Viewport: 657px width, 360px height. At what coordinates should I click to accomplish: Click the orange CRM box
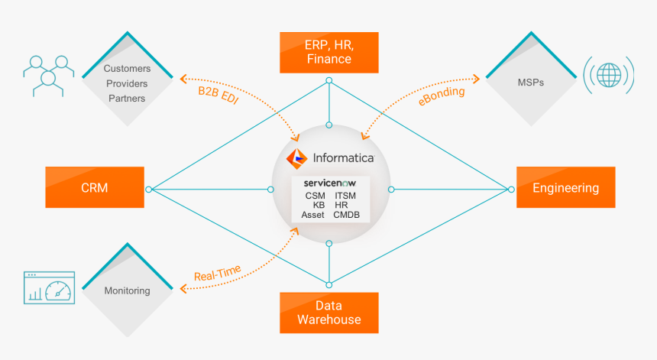[x=94, y=187]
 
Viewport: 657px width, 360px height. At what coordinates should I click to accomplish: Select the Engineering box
[x=565, y=188]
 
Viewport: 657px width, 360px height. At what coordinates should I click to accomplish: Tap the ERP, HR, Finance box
[x=328, y=52]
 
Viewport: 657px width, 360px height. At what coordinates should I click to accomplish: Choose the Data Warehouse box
[x=328, y=313]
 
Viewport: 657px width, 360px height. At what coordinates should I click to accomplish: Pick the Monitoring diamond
[x=127, y=290]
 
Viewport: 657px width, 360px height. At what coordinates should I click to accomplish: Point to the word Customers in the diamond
[x=127, y=69]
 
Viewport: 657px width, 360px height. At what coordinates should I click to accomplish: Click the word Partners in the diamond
[x=127, y=98]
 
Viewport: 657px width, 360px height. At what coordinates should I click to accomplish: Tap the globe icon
[x=609, y=76]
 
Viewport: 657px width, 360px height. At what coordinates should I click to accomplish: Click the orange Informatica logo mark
[x=297, y=158]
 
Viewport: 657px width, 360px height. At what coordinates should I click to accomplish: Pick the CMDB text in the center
[x=348, y=215]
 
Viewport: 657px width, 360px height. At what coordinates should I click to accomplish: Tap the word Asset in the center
[x=313, y=215]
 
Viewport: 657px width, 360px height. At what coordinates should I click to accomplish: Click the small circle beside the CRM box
[x=150, y=189]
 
